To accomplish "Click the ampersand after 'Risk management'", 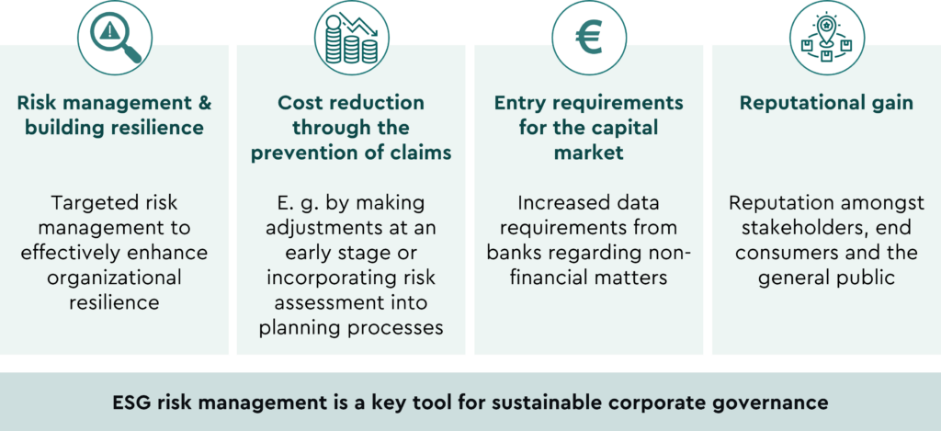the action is [204, 103].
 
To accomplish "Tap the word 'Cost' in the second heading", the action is [298, 103].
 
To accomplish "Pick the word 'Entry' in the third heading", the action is [516, 103].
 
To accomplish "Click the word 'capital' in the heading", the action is [628, 129].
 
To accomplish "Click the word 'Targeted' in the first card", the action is [90, 203].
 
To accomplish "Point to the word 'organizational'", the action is [114, 278].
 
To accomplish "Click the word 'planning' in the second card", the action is [298, 328].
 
